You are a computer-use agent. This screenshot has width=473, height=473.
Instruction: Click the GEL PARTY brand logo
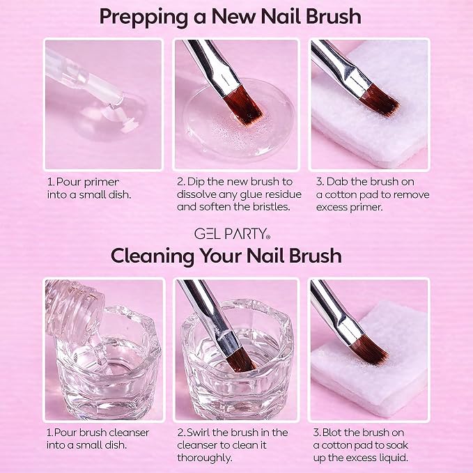[x=232, y=234]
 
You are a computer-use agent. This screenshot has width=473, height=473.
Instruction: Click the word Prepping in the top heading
[x=144, y=17]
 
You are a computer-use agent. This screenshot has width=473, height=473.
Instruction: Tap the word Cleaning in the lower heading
[x=153, y=256]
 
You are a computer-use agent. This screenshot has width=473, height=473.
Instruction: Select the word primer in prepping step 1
[x=102, y=183]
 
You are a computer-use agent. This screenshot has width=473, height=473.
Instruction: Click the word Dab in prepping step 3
[x=337, y=182]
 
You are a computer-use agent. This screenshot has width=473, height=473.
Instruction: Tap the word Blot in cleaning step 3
[x=333, y=433]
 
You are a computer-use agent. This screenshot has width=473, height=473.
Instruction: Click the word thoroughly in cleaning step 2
[x=205, y=458]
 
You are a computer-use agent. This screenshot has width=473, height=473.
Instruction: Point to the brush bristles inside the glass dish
[x=241, y=359]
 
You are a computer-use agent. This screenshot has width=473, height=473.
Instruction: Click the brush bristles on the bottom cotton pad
[x=369, y=350]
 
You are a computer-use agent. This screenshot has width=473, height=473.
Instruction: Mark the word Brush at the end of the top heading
[x=334, y=17]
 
